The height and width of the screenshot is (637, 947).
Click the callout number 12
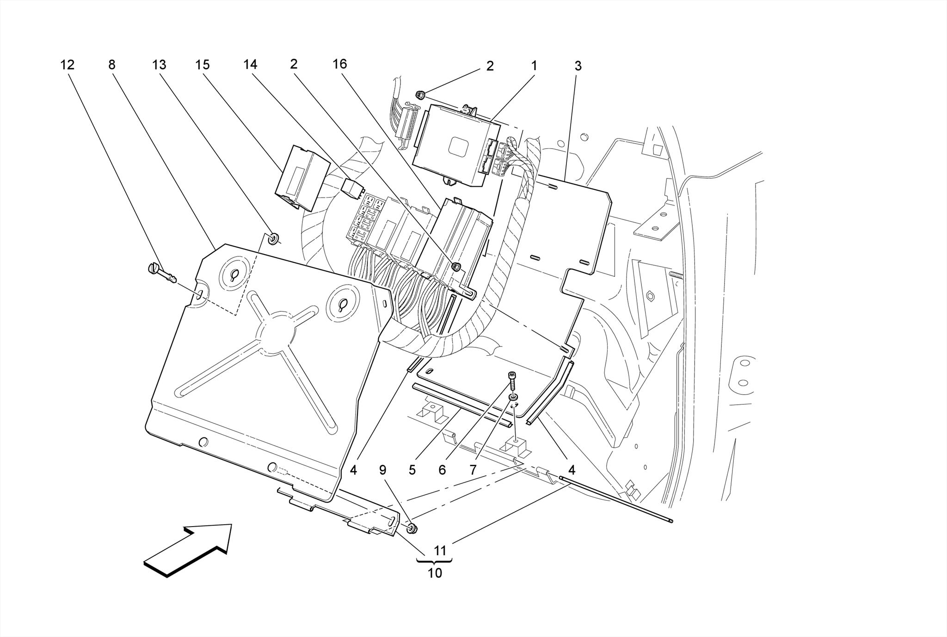click(67, 65)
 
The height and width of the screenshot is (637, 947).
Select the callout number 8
click(111, 65)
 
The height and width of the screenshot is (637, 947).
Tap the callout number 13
click(159, 65)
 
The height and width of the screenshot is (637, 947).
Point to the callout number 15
click(203, 65)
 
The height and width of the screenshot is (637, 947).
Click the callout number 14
click(250, 65)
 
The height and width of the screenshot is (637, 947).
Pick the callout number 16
click(339, 64)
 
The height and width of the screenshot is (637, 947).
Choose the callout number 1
click(534, 66)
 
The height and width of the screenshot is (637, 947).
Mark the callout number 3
click(578, 66)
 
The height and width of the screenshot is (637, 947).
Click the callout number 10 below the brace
click(435, 573)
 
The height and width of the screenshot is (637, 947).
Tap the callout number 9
click(382, 470)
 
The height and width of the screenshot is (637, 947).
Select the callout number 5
click(412, 470)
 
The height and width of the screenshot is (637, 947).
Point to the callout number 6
click(442, 470)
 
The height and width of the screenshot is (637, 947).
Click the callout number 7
click(473, 470)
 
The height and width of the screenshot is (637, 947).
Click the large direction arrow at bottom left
click(189, 550)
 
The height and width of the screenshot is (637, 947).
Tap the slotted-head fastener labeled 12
click(162, 273)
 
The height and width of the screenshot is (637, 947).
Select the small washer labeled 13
click(274, 239)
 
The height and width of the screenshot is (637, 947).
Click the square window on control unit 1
click(460, 147)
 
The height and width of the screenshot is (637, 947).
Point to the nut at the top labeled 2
click(420, 95)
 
